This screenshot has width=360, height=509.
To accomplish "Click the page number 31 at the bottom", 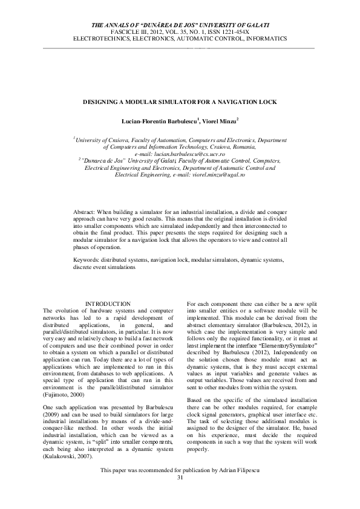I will [180, 494].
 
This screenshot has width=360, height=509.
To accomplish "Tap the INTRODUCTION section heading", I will [109, 303].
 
